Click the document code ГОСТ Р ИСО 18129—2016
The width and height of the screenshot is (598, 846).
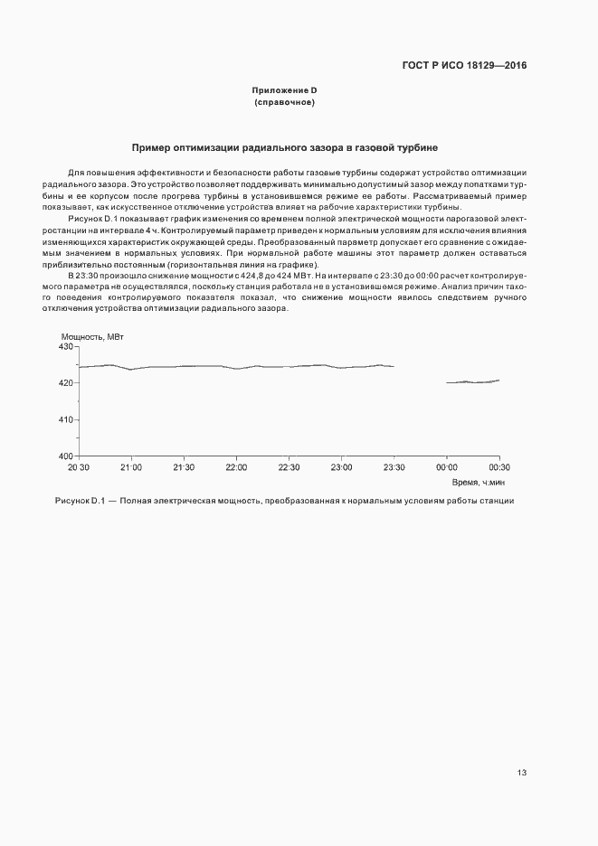point(464,66)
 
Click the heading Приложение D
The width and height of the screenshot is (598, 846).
point(284,90)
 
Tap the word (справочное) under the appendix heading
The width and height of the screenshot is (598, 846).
point(284,103)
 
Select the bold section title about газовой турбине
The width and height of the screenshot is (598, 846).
point(285,146)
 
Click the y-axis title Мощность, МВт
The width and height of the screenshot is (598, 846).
point(93,337)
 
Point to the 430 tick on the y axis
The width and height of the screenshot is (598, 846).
point(65,347)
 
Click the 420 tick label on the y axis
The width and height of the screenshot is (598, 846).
point(65,383)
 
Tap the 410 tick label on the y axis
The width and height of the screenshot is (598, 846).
point(65,420)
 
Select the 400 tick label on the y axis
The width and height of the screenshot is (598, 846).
point(65,456)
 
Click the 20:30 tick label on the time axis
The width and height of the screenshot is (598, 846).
point(79,467)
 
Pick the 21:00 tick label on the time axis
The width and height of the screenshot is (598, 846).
point(131,467)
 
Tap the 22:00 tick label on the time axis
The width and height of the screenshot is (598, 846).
point(236,467)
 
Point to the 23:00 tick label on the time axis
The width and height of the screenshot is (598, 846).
point(341,467)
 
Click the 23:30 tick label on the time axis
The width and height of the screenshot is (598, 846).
point(394,467)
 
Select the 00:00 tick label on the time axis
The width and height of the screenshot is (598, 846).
point(446,467)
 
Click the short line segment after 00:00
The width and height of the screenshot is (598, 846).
point(472,381)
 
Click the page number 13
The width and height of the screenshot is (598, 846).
point(522,773)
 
